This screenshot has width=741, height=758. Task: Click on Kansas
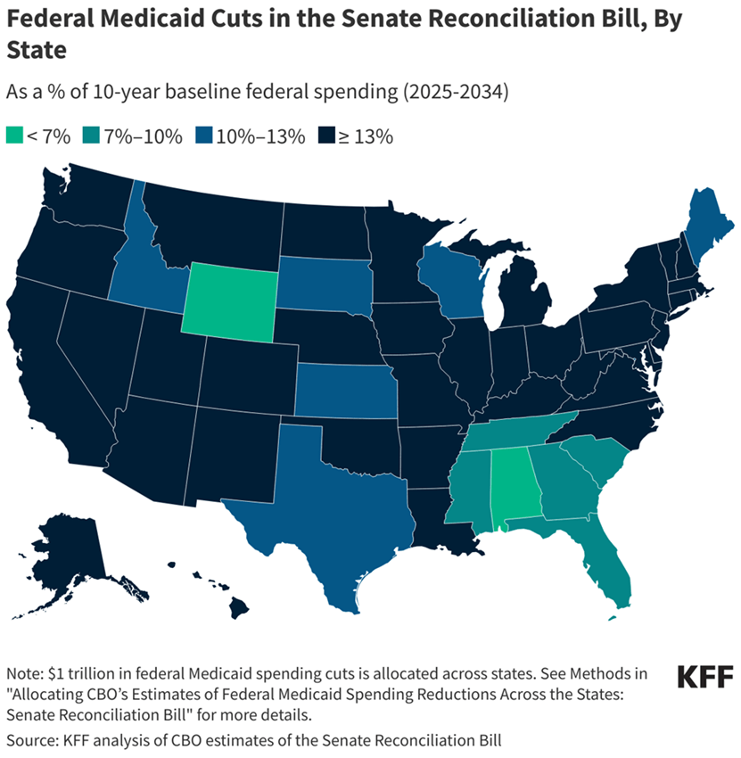(346, 391)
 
